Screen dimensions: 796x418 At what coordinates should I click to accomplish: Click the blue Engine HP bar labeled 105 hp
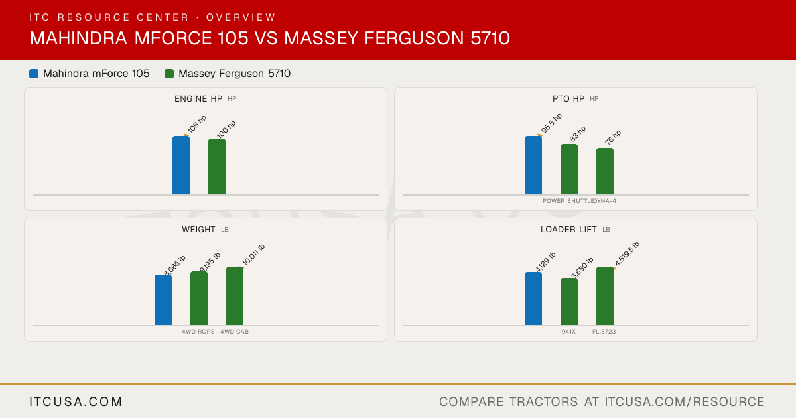tap(181, 165)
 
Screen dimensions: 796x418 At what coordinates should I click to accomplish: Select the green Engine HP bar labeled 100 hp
tap(217, 167)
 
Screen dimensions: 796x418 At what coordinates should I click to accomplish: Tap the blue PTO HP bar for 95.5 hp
tap(533, 165)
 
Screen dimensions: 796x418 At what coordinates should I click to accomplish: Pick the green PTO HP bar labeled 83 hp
tap(569, 169)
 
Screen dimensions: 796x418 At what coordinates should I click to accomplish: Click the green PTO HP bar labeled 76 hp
tap(605, 171)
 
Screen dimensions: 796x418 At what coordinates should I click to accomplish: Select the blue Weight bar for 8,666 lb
tap(163, 300)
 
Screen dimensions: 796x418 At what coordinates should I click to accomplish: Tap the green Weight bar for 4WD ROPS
tap(199, 299)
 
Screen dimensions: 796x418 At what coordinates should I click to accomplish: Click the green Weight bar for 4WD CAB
tap(235, 296)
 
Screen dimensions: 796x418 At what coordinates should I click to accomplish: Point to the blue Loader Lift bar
tap(533, 299)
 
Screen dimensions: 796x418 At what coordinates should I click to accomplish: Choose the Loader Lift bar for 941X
tap(569, 302)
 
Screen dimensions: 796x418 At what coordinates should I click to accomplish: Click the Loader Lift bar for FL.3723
tap(605, 296)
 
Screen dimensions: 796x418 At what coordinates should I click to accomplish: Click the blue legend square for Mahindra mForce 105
tap(34, 74)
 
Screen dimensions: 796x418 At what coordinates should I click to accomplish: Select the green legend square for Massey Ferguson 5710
tap(169, 74)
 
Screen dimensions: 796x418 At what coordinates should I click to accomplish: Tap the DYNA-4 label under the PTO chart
tap(605, 201)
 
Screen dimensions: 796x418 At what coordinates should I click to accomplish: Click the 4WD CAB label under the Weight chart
tap(235, 332)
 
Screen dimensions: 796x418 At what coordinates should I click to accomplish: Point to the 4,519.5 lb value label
tap(628, 253)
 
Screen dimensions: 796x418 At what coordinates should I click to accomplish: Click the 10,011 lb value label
tap(253, 255)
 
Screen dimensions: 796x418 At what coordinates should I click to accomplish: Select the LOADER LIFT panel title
tap(568, 230)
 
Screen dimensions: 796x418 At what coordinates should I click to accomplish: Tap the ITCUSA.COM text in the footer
tap(76, 402)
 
